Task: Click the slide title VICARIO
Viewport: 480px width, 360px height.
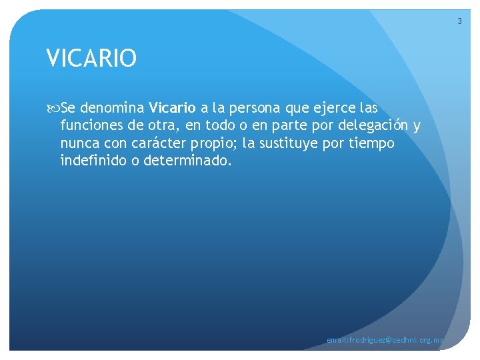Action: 92,58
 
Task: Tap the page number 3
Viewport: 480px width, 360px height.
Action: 459,22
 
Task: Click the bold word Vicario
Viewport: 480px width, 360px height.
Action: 173,108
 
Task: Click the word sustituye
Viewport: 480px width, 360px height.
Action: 281,143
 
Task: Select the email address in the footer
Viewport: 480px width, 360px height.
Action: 385,341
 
